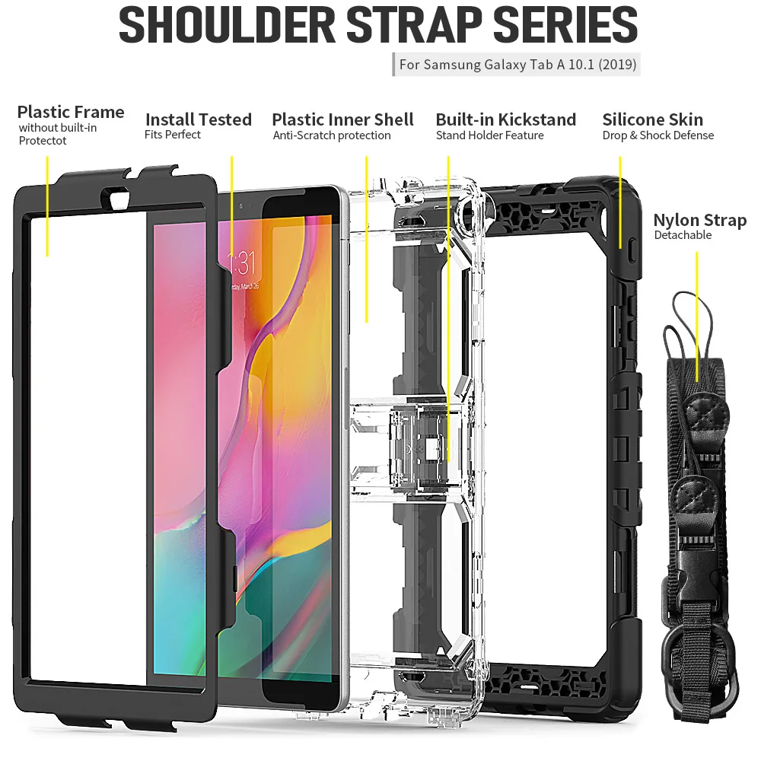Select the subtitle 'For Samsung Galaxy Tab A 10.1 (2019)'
coord(517,64)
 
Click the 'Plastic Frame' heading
coord(71,113)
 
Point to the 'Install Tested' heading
coord(198,119)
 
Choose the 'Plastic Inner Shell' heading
coord(342,119)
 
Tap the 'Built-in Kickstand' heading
coord(505,119)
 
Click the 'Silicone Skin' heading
coord(652,119)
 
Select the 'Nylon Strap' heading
coord(699,221)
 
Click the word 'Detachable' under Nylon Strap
coord(683,235)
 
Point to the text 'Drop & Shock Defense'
coord(658,135)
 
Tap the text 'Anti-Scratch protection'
coord(331,135)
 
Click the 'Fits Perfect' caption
coord(172,135)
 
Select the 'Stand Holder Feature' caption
coord(489,135)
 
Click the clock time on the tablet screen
coord(243,264)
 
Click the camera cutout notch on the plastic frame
coord(120,199)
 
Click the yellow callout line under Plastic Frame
coord(47,205)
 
